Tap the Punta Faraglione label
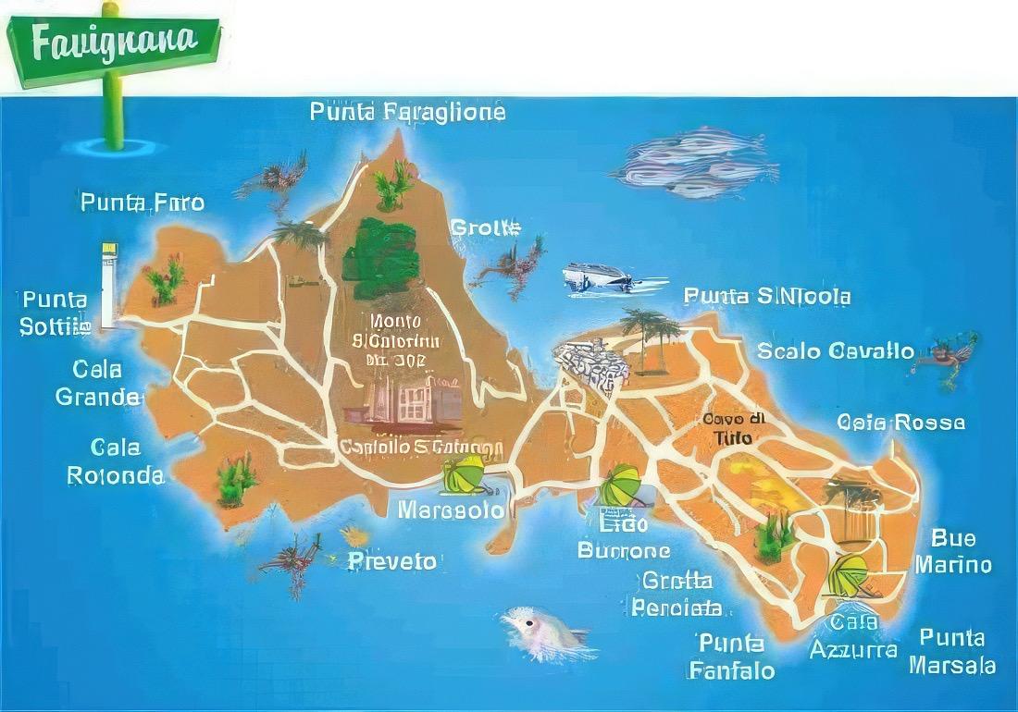[x=407, y=113]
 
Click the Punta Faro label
[x=142, y=203]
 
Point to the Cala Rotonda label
[x=116, y=461]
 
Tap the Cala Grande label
[x=98, y=384]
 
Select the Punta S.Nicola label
[x=766, y=296]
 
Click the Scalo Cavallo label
[x=836, y=351]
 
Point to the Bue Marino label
[x=953, y=551]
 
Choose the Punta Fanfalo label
[x=731, y=656]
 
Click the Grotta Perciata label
[x=677, y=594]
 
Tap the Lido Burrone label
[x=624, y=537]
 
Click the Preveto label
[x=391, y=561]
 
